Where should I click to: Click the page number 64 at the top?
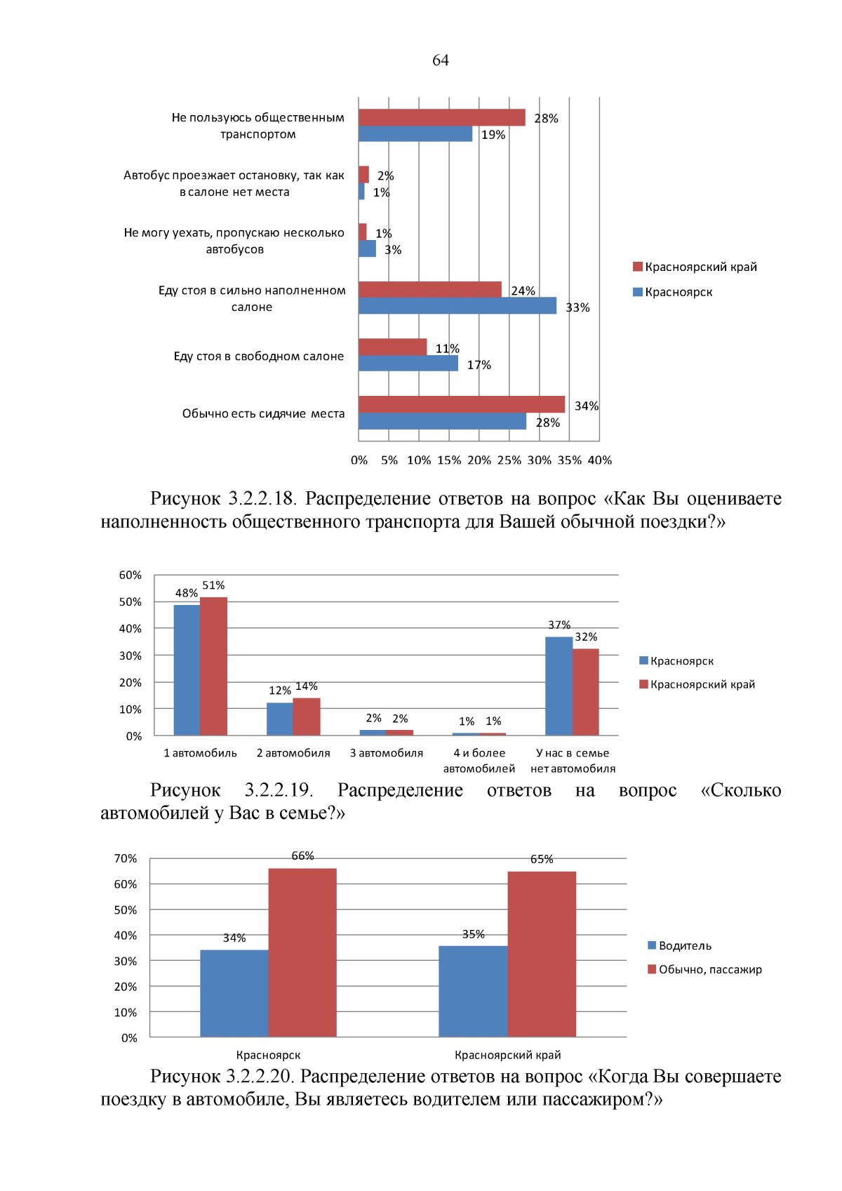(x=440, y=60)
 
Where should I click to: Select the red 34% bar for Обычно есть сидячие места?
(x=461, y=404)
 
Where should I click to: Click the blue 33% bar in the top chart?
(x=457, y=306)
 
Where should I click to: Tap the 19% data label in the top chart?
(x=493, y=135)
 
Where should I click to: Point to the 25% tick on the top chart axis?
(x=509, y=460)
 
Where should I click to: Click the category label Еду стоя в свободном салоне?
(x=259, y=357)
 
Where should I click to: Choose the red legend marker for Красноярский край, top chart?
(x=638, y=267)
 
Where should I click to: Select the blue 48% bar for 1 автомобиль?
(x=187, y=670)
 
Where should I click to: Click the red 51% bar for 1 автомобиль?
(x=213, y=666)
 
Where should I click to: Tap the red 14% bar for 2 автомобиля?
(x=307, y=717)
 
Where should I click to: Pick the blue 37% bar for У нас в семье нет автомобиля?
(x=559, y=686)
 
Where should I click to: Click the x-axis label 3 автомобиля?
(x=387, y=753)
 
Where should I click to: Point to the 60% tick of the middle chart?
(x=131, y=575)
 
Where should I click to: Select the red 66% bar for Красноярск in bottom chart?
(x=302, y=952)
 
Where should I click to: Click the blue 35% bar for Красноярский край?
(x=473, y=991)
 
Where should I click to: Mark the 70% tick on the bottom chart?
(x=126, y=859)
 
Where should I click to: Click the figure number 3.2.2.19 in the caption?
(x=278, y=790)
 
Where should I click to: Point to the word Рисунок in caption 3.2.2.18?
(x=185, y=499)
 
